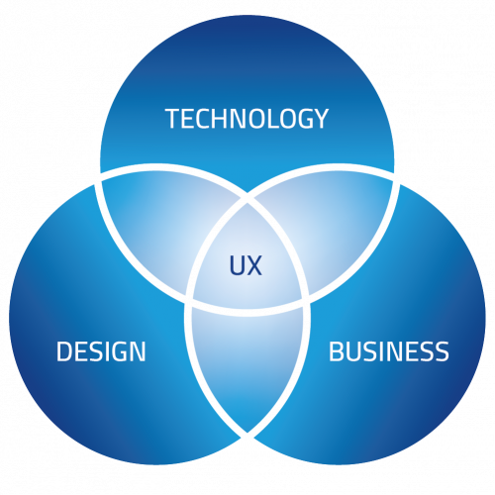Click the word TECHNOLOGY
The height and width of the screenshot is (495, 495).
pyautogui.click(x=247, y=118)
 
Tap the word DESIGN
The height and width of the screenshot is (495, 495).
pyautogui.click(x=101, y=351)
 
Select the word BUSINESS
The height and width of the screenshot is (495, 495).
pyautogui.click(x=389, y=351)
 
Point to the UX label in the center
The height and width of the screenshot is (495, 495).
pyautogui.click(x=246, y=265)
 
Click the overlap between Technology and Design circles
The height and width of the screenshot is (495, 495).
pyautogui.click(x=158, y=228)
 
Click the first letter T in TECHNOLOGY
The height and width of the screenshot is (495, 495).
pyautogui.click(x=172, y=119)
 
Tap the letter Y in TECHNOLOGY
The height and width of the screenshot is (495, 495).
pyautogui.click(x=320, y=119)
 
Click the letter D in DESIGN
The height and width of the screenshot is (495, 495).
pyautogui.click(x=64, y=351)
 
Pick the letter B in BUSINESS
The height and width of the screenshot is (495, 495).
pyautogui.click(x=337, y=351)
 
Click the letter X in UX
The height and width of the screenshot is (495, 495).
pyautogui.click(x=254, y=265)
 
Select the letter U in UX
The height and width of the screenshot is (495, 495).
pyautogui.click(x=237, y=265)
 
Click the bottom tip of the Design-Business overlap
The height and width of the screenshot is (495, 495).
pyautogui.click(x=247, y=432)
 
